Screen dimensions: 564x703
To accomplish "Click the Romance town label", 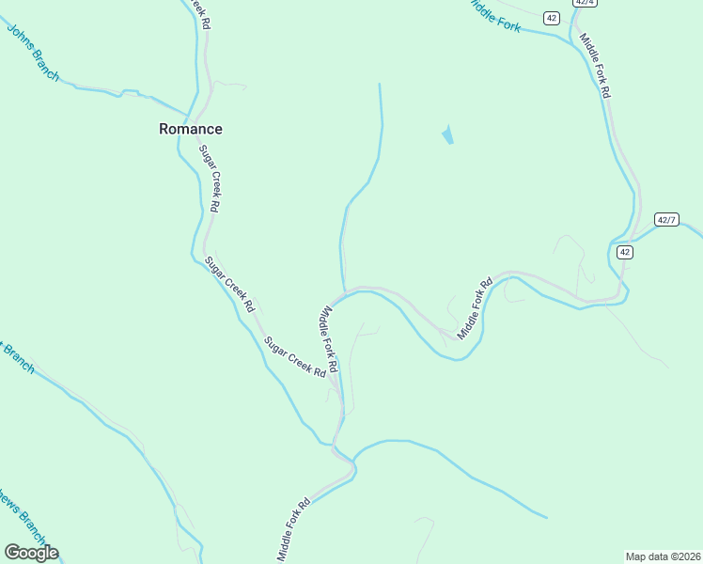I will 191,130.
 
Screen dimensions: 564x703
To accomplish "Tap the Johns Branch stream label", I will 33,52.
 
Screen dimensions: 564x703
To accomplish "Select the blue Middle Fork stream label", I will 495,15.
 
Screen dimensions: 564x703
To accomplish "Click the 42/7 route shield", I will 667,219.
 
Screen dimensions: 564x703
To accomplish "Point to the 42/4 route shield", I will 585,3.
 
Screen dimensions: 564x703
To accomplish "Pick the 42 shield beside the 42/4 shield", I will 552,18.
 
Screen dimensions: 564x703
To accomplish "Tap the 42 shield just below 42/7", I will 624,252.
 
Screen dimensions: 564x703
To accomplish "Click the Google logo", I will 31,553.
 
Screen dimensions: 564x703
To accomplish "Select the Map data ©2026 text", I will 663,556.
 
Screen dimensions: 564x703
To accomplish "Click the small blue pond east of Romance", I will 447,135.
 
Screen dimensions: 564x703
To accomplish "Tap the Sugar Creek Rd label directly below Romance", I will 209,179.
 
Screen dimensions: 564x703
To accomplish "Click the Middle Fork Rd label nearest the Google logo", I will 294,530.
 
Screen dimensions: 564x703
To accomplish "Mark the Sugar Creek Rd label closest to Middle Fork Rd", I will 295,357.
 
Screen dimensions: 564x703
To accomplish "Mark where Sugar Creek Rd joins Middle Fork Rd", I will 342,411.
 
